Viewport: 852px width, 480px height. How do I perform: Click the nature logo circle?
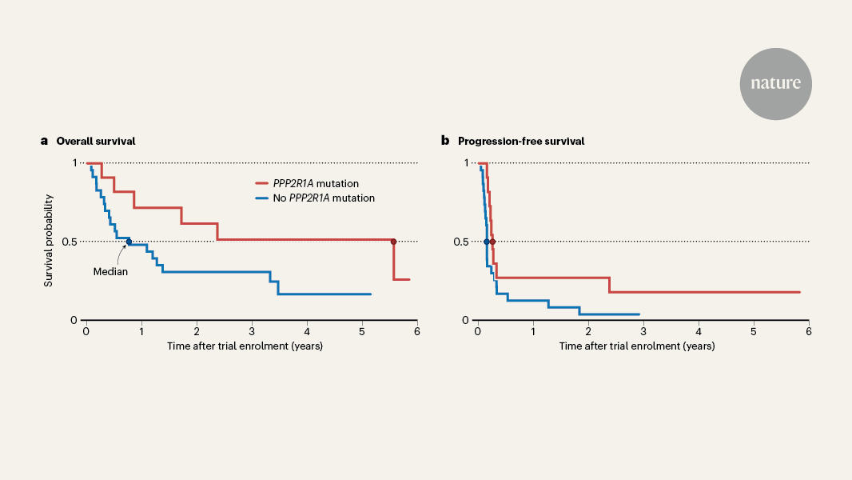775,84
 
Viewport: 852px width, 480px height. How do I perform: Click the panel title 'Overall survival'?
95,141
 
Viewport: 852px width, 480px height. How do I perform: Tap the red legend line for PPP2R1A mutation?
267,183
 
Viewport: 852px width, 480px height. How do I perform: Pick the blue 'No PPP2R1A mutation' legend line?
267,198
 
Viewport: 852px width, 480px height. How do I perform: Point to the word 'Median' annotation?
110,271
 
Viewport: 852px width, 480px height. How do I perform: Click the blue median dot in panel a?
129,242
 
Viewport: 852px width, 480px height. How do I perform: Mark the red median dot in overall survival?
393,242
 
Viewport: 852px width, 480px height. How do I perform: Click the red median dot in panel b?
492,242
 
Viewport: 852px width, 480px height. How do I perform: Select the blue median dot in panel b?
486,242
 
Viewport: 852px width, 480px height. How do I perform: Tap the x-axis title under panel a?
245,346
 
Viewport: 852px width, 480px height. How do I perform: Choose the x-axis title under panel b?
636,346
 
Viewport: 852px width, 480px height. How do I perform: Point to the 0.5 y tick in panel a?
70,242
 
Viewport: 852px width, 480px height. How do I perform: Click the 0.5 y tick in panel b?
461,242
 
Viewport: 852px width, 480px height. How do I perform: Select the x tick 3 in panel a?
252,330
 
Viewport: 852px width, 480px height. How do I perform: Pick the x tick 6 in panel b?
809,330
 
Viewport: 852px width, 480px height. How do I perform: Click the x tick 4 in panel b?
699,330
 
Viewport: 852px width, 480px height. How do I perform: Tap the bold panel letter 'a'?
45,141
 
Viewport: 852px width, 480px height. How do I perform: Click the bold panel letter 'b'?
445,141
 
